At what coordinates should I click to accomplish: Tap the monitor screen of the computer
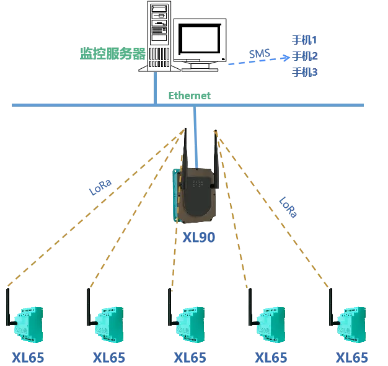pyautogui.click(x=200, y=39)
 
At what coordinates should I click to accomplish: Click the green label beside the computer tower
pyautogui.click(x=111, y=51)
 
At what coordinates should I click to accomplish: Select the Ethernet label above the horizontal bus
pyautogui.click(x=191, y=95)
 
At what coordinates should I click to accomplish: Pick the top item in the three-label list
pyautogui.click(x=305, y=40)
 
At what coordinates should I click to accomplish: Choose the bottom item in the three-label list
pyautogui.click(x=305, y=73)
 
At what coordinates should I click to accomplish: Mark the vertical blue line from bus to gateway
pyautogui.click(x=195, y=136)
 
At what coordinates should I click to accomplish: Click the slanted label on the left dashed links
pyautogui.click(x=102, y=188)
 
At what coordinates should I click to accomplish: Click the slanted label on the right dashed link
pyautogui.click(x=286, y=207)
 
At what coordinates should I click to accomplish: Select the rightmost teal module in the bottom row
pyautogui.click(x=354, y=323)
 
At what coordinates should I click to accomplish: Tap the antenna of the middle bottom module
pyautogui.click(x=168, y=307)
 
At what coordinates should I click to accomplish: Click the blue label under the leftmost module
pyautogui.click(x=28, y=358)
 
